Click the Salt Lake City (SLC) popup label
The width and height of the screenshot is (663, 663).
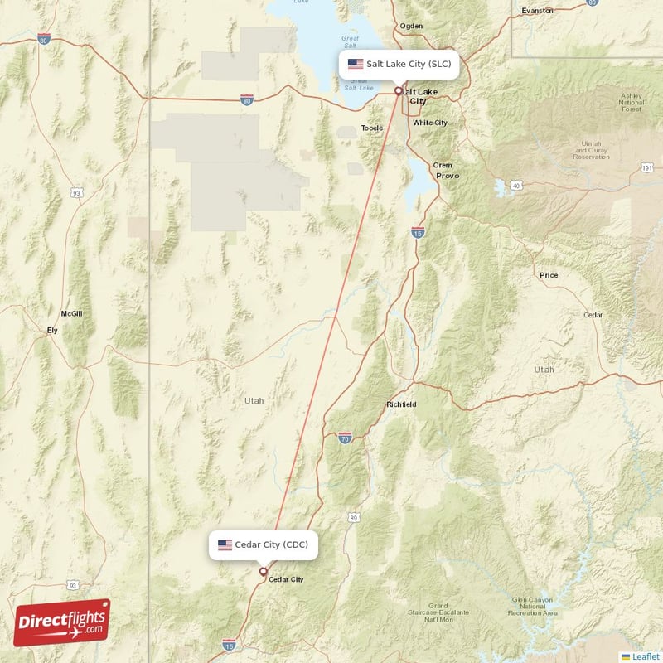coord(399,64)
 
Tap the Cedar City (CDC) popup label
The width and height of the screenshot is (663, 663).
coord(263,544)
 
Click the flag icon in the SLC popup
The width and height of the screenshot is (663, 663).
coord(356,64)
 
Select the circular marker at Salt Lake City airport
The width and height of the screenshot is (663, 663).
coord(399,91)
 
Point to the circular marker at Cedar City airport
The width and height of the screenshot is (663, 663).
coord(264,571)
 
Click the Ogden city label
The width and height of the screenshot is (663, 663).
coord(411,26)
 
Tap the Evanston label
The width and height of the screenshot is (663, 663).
coord(538,11)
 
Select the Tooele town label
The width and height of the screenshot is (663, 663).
coord(372,128)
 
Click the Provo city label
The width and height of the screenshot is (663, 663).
coord(447,176)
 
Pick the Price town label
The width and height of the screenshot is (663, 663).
coord(549,275)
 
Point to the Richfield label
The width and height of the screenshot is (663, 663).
coord(401,404)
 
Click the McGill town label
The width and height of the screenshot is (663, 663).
coord(71,314)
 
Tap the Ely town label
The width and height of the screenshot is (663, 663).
coord(52,331)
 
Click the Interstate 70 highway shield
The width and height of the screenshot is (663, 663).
coord(345,437)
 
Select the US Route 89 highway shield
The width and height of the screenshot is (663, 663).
coord(354,517)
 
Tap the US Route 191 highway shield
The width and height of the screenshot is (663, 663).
coord(646,167)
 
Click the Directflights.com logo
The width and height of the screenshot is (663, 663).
coord(62,622)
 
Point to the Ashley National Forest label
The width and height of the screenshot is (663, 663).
coord(631,102)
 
